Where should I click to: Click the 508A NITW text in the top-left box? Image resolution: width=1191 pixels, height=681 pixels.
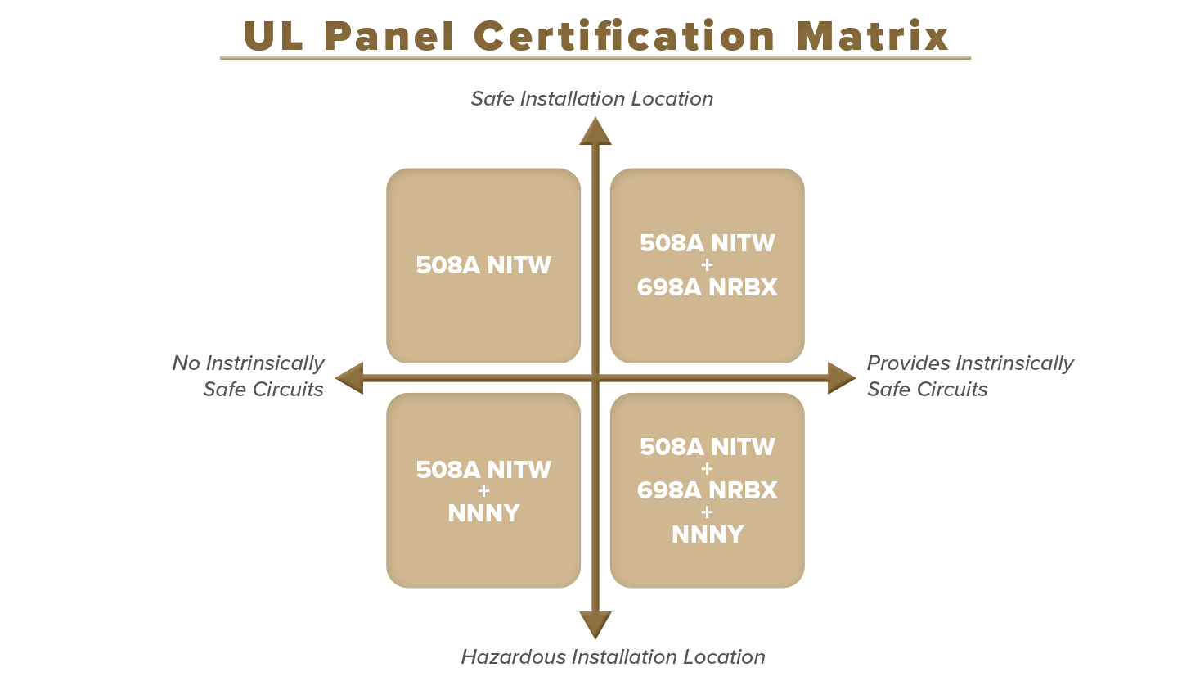point(483,265)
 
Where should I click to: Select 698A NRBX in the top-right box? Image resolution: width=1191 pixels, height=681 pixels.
point(707,287)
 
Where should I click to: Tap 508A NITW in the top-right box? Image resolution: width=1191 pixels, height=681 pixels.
point(707,243)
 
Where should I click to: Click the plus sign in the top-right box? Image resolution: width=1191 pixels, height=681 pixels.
point(707,265)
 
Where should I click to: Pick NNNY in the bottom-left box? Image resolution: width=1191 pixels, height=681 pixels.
point(483,513)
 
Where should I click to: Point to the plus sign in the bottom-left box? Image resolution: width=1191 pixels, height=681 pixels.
point(483,491)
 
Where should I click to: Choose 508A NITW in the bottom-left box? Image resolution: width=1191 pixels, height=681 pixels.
point(483,469)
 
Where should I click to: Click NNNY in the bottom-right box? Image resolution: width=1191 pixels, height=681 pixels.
point(707,534)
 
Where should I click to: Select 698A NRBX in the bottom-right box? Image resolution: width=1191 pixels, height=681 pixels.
point(707,490)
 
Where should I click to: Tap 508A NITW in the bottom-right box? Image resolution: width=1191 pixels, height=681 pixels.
point(707,446)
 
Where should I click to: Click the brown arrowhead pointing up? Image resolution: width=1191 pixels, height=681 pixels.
point(595,131)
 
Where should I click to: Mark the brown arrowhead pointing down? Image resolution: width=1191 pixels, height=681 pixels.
point(595,626)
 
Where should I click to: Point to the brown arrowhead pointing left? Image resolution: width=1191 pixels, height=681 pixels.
point(348,378)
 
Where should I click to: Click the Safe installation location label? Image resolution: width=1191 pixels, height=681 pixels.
point(578,99)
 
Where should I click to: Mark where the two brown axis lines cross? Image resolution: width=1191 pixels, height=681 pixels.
point(595,378)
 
